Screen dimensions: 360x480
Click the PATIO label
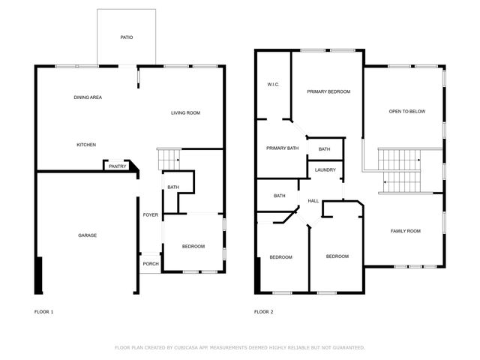pyautogui.click(x=127, y=37)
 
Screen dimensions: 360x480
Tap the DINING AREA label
pyautogui.click(x=88, y=97)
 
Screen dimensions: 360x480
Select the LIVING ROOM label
pyautogui.click(x=185, y=113)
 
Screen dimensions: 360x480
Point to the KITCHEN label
pyautogui.click(x=86, y=145)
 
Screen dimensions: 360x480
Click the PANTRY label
pyautogui.click(x=117, y=166)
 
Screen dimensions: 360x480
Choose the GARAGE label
pyautogui.click(x=87, y=235)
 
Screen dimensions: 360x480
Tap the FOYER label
pyautogui.click(x=151, y=215)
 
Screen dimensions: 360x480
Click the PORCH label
pyautogui.click(x=151, y=263)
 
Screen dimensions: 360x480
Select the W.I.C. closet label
pyautogui.click(x=273, y=84)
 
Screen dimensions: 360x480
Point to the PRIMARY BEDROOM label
pyautogui.click(x=328, y=91)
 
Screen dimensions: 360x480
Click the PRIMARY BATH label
pyautogui.click(x=283, y=148)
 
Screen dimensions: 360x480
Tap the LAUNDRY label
pyautogui.click(x=325, y=170)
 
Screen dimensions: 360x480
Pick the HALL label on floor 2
pyautogui.click(x=313, y=201)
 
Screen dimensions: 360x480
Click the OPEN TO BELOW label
pyautogui.click(x=406, y=112)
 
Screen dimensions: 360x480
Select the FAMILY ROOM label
pyautogui.click(x=405, y=231)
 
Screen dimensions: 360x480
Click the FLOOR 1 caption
pyautogui.click(x=44, y=311)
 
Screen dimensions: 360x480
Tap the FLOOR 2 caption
pyautogui.click(x=263, y=311)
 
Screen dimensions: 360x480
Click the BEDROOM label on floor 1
pyautogui.click(x=193, y=247)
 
